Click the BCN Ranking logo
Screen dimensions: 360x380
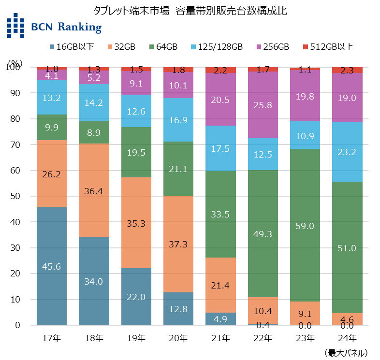click(x=54, y=26)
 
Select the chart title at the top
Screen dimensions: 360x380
click(x=190, y=11)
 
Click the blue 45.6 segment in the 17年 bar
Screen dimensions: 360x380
click(x=52, y=266)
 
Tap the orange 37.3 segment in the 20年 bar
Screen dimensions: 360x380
click(x=178, y=244)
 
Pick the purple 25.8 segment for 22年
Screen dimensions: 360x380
click(x=263, y=104)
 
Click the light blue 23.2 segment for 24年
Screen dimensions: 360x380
click(x=347, y=151)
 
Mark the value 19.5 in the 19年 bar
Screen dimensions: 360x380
click(x=136, y=153)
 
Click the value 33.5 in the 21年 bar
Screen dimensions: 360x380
click(x=220, y=214)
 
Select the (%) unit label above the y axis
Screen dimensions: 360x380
click(x=15, y=64)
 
